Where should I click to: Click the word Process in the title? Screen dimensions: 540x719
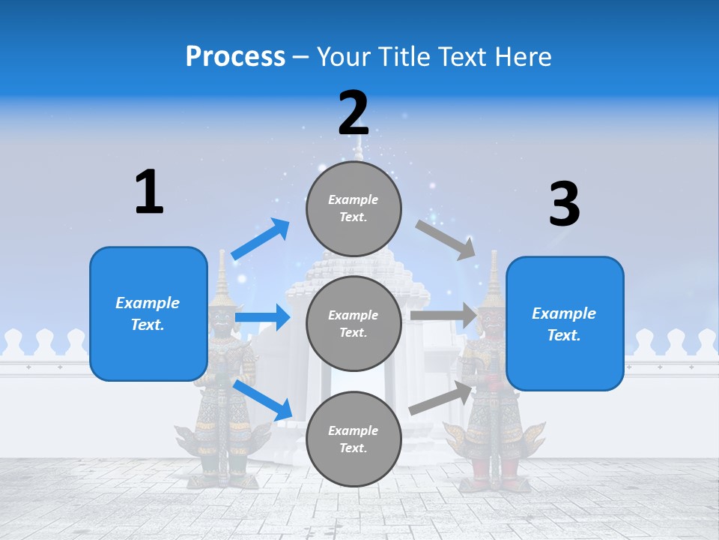(x=235, y=57)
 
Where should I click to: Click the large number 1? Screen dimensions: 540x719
(x=149, y=192)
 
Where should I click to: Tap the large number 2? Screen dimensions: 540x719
(x=354, y=113)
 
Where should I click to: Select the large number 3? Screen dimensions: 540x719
(x=564, y=204)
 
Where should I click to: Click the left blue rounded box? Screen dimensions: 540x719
(x=148, y=313)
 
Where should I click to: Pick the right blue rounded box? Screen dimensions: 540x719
(x=565, y=323)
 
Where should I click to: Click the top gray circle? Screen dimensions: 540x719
(x=354, y=208)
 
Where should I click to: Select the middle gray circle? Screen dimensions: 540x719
(x=354, y=323)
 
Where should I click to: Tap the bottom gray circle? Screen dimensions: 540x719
(x=354, y=439)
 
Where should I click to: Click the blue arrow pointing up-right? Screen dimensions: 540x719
(x=261, y=239)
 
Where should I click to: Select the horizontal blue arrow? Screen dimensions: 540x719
(x=262, y=318)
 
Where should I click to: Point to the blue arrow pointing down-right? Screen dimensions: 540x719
(x=263, y=400)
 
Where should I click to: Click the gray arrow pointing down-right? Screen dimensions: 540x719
(x=446, y=239)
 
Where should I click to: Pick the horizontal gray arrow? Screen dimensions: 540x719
(x=443, y=316)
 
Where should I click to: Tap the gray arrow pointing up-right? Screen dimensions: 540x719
(x=442, y=398)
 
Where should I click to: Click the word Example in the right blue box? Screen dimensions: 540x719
(x=564, y=313)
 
